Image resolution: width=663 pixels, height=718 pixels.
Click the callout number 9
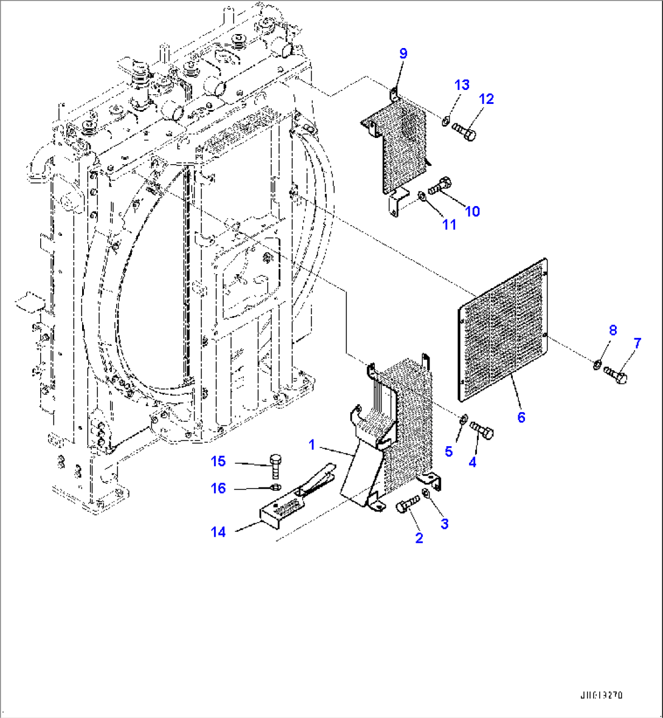pos(403,54)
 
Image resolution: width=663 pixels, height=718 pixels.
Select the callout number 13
pos(462,85)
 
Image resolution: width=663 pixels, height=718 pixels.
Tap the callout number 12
pos(487,98)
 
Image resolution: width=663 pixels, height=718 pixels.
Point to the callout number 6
pos(521,417)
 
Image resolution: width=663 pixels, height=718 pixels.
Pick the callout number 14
pos(218,532)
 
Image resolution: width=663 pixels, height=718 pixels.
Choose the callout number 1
pos(312,445)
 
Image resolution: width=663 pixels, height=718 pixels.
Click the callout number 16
pos(218,488)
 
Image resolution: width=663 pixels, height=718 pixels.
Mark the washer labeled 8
pos(598,365)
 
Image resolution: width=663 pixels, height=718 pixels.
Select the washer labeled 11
pos(422,195)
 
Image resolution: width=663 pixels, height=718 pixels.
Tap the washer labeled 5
pos(463,418)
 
